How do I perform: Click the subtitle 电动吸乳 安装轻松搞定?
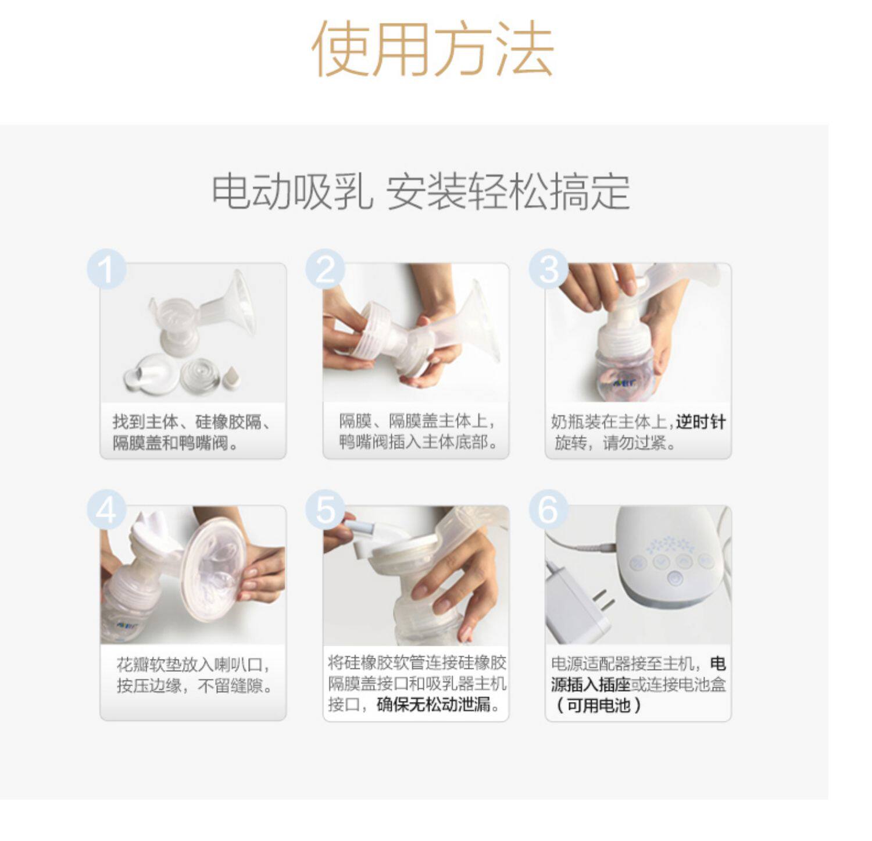[421, 191]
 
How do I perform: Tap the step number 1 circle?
[106, 270]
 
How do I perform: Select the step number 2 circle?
[326, 269]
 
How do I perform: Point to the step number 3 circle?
[548, 269]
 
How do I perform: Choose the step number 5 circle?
[326, 510]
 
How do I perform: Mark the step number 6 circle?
[548, 510]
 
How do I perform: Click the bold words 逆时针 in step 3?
[701, 422]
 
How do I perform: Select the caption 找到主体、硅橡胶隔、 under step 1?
[192, 422]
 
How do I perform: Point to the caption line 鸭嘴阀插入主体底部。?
[420, 443]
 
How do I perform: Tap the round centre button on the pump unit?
[675, 579]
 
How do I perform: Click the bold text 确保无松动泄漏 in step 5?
[433, 705]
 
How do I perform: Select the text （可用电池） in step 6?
[598, 705]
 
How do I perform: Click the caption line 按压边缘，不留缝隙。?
[195, 686]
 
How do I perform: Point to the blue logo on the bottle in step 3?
[622, 383]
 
